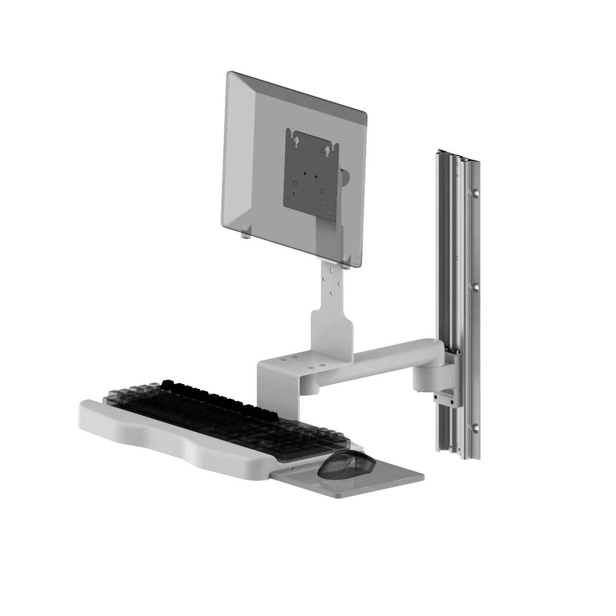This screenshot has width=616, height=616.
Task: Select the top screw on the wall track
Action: tap(475, 194)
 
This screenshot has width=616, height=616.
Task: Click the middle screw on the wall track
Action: tap(475, 287)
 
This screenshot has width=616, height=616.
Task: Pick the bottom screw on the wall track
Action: tap(475, 427)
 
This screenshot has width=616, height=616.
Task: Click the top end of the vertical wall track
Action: tap(455, 153)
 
